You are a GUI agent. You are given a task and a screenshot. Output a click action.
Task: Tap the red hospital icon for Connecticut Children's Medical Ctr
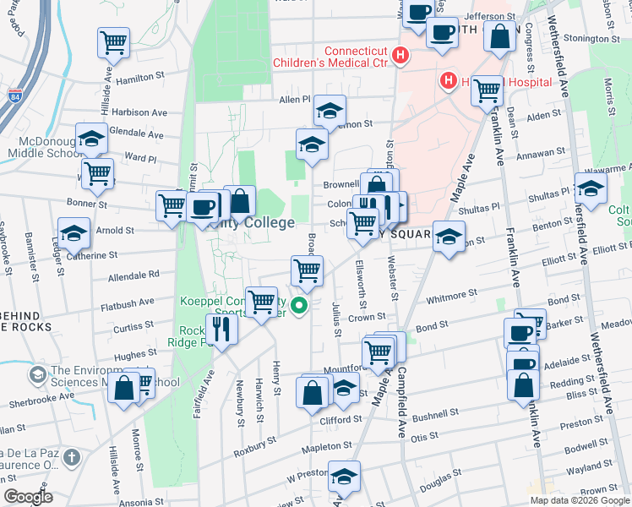(401, 57)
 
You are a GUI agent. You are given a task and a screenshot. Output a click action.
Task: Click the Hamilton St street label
(142, 77)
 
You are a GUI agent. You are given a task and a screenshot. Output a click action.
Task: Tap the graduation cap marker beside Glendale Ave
(90, 138)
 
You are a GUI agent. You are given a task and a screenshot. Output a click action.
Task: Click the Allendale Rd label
(134, 275)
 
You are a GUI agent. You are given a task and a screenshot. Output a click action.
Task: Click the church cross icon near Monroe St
(72, 458)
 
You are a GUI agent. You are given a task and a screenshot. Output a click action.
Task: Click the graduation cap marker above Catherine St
(74, 232)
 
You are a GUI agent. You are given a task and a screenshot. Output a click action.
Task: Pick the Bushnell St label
(435, 417)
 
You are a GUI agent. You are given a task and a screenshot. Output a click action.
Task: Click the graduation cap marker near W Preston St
(344, 477)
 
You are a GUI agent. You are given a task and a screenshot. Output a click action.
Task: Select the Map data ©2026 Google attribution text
(580, 500)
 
